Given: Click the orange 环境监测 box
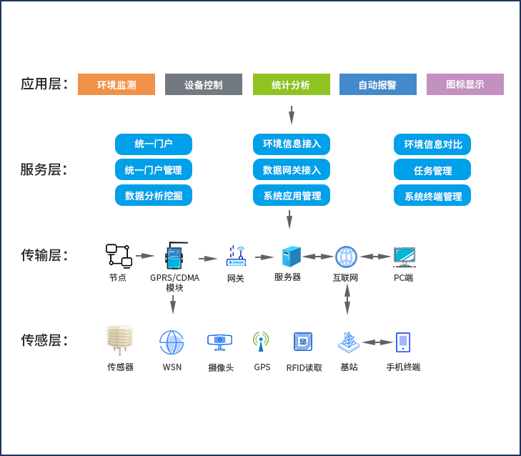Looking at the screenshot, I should tap(116, 84).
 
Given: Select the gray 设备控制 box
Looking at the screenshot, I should tap(204, 84).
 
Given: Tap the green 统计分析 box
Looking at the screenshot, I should tap(291, 84).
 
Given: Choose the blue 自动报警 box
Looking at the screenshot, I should tap(377, 84).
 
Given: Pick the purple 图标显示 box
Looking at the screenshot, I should tap(465, 84).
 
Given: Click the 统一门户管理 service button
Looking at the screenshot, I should tap(154, 170).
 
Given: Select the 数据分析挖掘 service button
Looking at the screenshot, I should tap(154, 195).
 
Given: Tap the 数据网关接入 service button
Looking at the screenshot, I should tap(292, 170).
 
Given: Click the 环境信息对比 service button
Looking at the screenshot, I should tap(432, 144).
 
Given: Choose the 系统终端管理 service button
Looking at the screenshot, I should tap(432, 196).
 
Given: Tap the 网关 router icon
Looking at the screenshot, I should tap(236, 255).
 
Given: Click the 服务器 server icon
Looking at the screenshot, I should tap(291, 257).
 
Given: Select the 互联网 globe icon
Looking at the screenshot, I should tap(346, 257).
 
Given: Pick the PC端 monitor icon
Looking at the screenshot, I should tap(404, 257).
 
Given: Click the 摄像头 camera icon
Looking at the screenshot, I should tap(219, 342).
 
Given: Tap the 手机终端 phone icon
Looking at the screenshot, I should tap(403, 342).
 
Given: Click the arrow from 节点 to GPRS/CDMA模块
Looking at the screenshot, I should tap(145, 256).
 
